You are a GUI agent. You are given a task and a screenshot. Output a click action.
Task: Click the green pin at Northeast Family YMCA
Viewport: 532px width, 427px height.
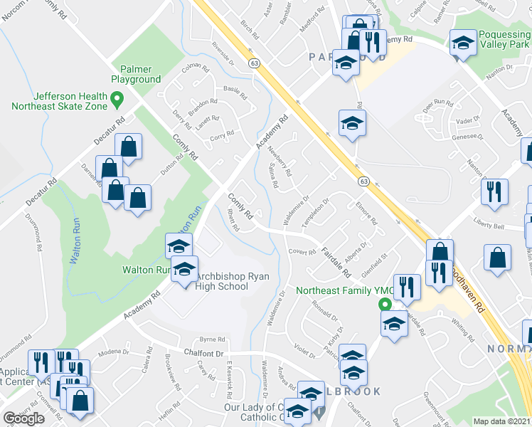tap(385, 304)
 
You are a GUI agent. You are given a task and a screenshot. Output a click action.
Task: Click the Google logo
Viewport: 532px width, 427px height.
tap(23, 418)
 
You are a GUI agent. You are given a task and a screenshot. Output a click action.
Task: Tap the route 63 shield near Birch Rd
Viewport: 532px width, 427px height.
tap(253, 64)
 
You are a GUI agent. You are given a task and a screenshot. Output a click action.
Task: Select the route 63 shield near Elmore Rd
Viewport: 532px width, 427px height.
tap(363, 181)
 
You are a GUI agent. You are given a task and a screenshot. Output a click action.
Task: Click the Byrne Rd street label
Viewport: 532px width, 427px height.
tap(212, 340)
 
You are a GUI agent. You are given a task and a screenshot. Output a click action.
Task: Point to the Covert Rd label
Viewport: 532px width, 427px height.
tap(302, 252)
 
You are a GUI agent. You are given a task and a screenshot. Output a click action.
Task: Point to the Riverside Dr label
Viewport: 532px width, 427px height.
tap(223, 62)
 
